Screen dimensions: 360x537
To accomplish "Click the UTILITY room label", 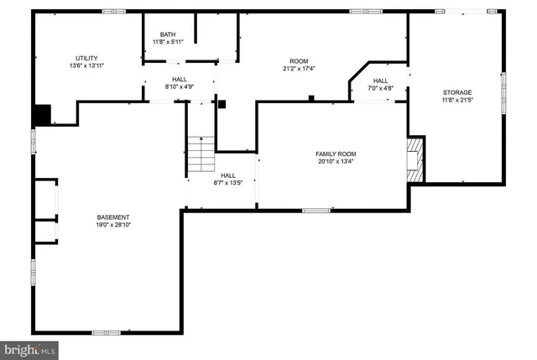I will click(86, 56).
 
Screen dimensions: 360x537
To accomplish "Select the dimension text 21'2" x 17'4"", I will click(300, 69).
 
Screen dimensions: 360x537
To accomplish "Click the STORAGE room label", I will click(457, 92).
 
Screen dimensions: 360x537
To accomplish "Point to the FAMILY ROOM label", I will click(336, 154).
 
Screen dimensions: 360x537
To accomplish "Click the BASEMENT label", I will click(112, 217).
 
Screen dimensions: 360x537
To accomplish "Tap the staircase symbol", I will click(201, 155).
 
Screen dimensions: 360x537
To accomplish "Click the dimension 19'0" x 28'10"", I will click(112, 226).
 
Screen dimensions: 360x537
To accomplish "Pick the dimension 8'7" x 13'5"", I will click(227, 183).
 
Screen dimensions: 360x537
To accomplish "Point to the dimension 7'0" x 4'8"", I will click(380, 88).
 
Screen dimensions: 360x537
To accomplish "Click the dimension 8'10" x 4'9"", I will click(179, 86).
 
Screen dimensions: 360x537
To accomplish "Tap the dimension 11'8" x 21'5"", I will click(457, 101).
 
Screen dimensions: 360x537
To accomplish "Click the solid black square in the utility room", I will click(42, 113).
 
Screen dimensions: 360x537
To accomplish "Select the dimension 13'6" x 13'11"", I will click(86, 65).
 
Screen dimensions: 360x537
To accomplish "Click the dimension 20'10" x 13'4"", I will click(336, 162).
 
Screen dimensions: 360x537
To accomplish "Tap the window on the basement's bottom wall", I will click(106, 332).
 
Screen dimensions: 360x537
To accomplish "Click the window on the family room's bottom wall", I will click(315, 210).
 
